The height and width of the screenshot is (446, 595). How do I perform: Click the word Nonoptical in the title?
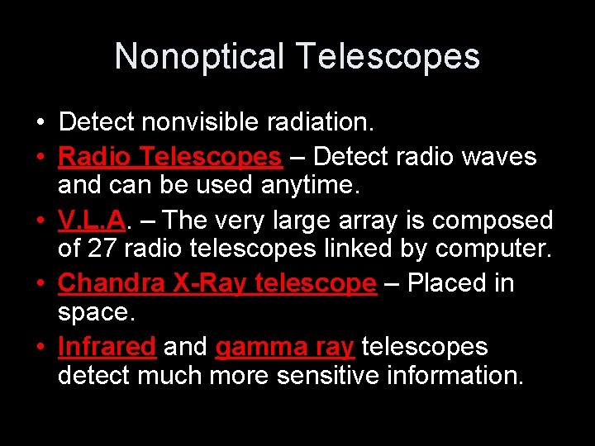click(200, 57)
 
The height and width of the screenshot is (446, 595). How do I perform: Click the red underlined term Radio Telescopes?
click(170, 156)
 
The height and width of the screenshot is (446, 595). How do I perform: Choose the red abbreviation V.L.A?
click(91, 221)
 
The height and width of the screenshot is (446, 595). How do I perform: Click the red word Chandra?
click(112, 283)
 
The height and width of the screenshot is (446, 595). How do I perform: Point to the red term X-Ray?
click(212, 283)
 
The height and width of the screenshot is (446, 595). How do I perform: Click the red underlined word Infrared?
click(107, 347)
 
